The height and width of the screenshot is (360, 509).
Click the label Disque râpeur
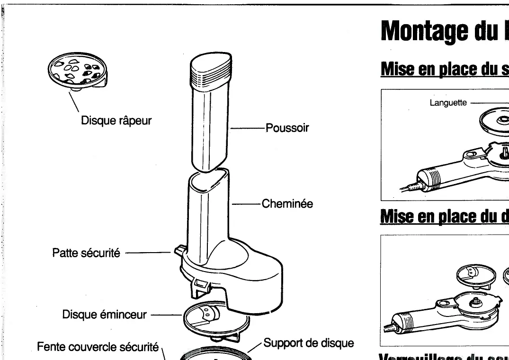click(116, 121)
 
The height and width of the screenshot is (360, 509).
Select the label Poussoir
click(287, 128)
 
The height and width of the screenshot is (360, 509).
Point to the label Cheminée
click(287, 204)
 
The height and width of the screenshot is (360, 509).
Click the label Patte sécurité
click(86, 253)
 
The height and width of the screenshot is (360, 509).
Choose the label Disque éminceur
click(105, 315)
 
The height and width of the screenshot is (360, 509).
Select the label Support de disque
click(309, 342)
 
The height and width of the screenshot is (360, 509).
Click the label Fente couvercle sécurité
click(98, 347)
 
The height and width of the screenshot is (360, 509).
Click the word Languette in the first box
click(448, 102)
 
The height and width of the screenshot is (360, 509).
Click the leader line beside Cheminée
click(246, 204)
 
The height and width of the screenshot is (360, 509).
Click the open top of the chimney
click(208, 180)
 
